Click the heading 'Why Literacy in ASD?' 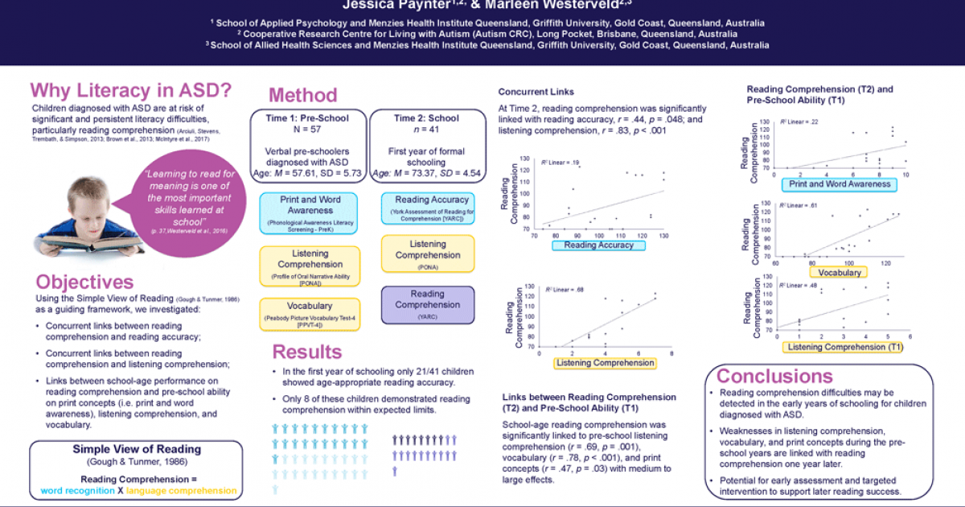pos(131,89)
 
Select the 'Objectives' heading pos(84,282)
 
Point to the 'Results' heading pos(306,352)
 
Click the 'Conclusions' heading pos(774,376)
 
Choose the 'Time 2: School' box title pos(426,118)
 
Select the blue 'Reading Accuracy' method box pos(427,208)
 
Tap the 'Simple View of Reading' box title pos(137,449)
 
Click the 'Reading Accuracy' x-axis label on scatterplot pos(598,245)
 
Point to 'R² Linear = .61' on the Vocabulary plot pos(799,206)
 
